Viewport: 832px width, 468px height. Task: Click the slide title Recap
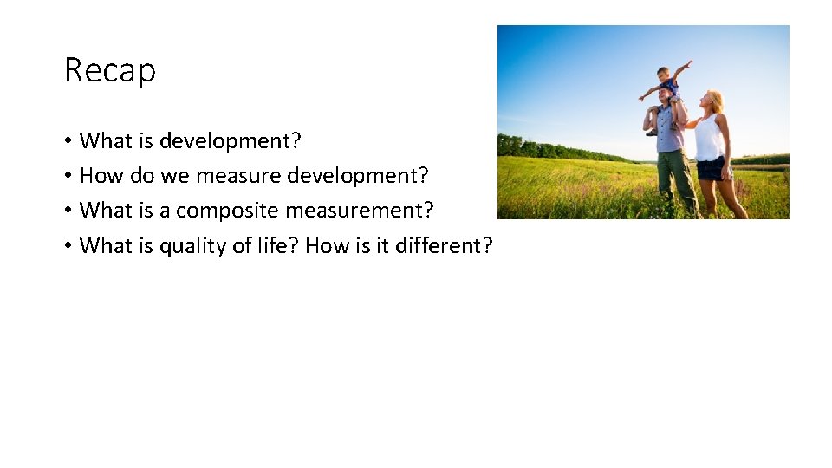110,70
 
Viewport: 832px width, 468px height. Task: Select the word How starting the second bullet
101,176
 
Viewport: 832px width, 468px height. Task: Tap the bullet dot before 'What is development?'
67,141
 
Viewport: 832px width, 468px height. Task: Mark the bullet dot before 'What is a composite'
67,211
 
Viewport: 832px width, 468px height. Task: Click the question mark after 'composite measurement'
428,211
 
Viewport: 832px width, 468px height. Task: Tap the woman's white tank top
708,139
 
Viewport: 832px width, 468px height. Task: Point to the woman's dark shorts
711,168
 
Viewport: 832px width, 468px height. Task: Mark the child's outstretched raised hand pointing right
689,63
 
